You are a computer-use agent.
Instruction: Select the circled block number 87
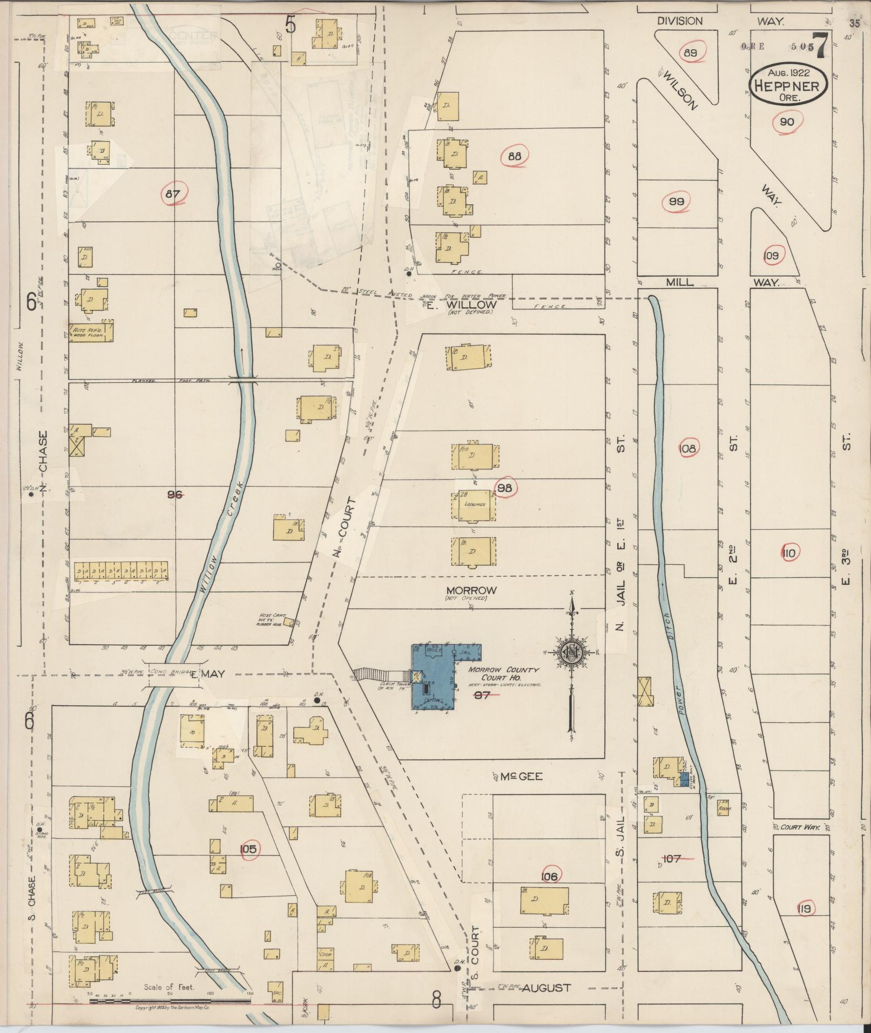[173, 194]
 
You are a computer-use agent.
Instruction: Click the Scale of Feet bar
[170, 1001]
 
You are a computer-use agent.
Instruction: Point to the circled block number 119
[804, 909]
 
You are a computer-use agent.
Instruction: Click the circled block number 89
[691, 53]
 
